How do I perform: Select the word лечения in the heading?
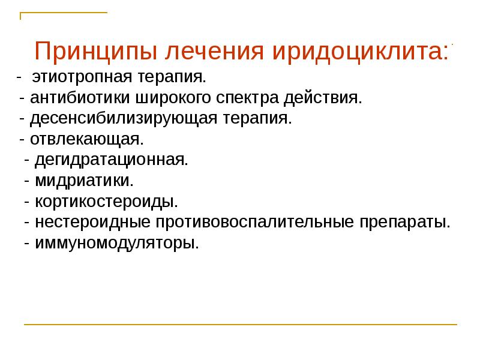212,52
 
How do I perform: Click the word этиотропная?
77,77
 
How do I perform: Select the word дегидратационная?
112,160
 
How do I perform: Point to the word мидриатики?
84,181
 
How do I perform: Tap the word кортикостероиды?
106,201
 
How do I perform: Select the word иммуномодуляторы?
116,243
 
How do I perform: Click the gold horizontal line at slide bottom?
240,325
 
